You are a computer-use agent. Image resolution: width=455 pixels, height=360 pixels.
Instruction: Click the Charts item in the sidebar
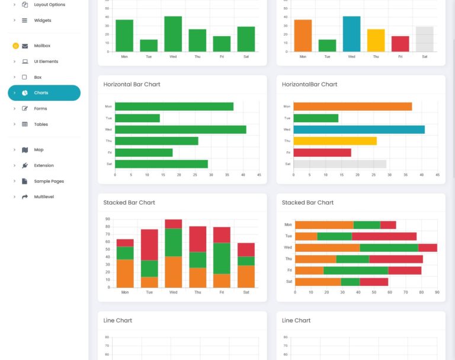(41, 93)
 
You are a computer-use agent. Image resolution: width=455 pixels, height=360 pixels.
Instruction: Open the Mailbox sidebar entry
(42, 46)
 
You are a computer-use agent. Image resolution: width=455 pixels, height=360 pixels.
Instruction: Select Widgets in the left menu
(42, 20)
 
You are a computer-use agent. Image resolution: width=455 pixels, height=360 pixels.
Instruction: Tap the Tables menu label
(41, 125)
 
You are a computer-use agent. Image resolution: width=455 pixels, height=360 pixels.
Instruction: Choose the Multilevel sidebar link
(44, 197)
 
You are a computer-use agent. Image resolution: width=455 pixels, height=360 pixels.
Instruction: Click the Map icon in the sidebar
(25, 150)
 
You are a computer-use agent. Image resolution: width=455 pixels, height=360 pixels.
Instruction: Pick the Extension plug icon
(25, 165)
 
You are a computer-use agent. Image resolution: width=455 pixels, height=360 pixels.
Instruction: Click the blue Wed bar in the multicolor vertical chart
(351, 34)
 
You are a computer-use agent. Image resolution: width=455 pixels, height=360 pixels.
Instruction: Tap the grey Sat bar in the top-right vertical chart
(424, 39)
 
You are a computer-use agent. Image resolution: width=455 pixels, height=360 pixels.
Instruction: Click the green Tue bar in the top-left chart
(149, 46)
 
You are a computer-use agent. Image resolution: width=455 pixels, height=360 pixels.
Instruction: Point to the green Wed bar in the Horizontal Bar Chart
(180, 129)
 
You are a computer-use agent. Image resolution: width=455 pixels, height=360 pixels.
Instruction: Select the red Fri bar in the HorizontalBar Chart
(322, 152)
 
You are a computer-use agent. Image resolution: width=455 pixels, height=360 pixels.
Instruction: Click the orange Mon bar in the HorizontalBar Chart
(353, 107)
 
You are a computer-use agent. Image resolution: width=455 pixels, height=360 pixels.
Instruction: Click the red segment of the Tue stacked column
(149, 244)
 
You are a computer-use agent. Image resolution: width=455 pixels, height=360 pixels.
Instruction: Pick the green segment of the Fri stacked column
(222, 258)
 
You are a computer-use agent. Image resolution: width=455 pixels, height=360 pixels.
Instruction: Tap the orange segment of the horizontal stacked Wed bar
(327, 247)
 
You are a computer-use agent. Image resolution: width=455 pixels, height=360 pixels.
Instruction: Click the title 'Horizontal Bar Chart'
(132, 84)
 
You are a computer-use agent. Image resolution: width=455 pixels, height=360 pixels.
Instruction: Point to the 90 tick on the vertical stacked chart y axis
(108, 219)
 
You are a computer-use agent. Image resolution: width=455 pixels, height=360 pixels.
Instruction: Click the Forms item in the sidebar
(40, 109)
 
